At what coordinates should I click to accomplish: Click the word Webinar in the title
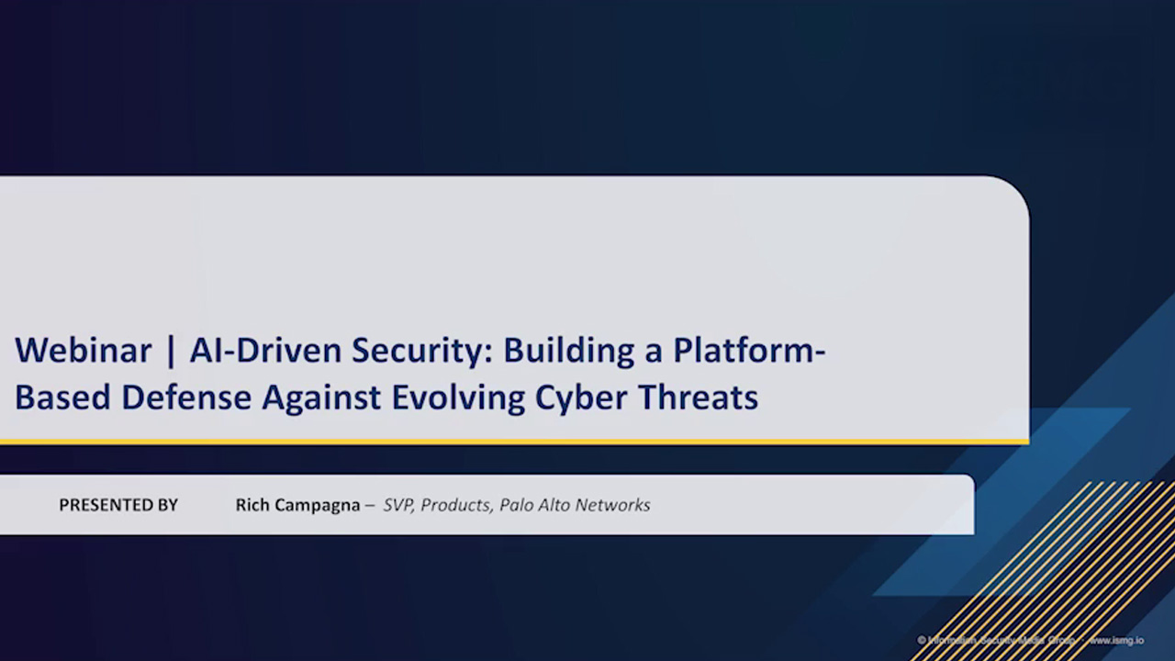click(83, 351)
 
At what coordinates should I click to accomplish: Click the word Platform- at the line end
click(749, 351)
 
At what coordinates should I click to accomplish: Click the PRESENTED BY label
click(118, 505)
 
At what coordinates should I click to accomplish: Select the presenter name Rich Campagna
click(297, 505)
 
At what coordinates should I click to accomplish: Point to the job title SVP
click(398, 505)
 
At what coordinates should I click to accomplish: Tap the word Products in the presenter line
click(455, 505)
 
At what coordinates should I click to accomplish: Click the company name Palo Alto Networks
click(575, 505)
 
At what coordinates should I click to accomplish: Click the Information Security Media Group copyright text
click(1001, 640)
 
